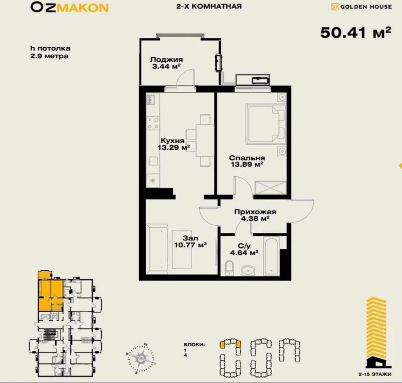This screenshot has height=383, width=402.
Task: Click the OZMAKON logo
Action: [69, 8]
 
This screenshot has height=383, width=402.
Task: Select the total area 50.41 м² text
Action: [356, 33]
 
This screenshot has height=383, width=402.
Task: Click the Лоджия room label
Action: [166, 60]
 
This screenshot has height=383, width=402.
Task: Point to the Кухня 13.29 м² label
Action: [174, 144]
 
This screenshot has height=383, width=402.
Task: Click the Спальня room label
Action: [247, 158]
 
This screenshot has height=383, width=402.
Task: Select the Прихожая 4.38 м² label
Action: [255, 215]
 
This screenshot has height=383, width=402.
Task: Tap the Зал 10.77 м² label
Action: [190, 242]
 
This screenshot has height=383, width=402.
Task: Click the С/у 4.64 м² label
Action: [244, 249]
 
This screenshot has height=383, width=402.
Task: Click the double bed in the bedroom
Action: [266, 124]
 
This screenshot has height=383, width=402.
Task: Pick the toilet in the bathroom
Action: [229, 268]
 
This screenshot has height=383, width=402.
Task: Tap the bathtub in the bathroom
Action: [271, 256]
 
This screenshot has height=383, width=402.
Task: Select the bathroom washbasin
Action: [248, 270]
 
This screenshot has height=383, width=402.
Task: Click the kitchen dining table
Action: [205, 140]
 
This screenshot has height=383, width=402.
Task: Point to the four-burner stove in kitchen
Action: [153, 123]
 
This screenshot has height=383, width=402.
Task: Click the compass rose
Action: [141, 358]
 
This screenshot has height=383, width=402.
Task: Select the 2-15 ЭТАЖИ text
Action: [375, 374]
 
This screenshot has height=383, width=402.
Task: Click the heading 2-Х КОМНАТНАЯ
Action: [209, 6]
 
